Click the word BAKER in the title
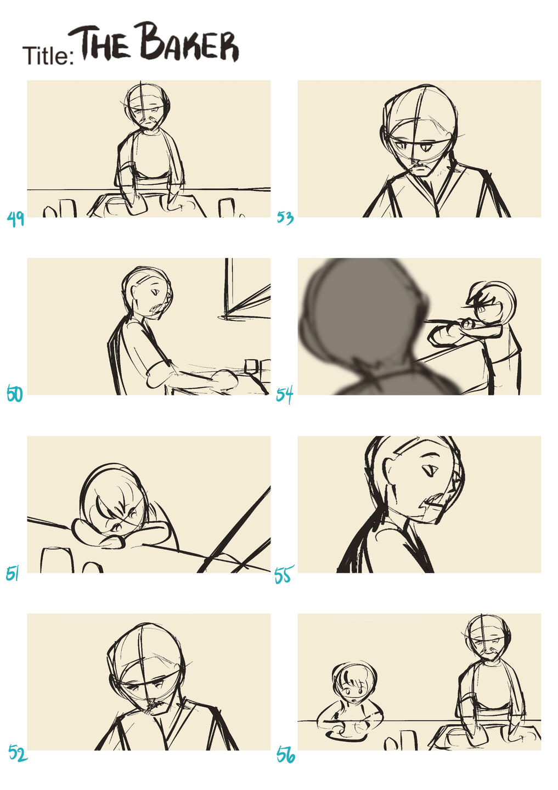189,42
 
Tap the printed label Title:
48,56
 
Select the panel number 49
15,219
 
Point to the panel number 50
15,394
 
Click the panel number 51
12,574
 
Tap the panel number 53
285,218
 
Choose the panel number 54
284,395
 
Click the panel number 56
286,755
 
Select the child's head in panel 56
354,682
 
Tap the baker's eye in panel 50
155,292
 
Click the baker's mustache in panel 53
419,163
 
